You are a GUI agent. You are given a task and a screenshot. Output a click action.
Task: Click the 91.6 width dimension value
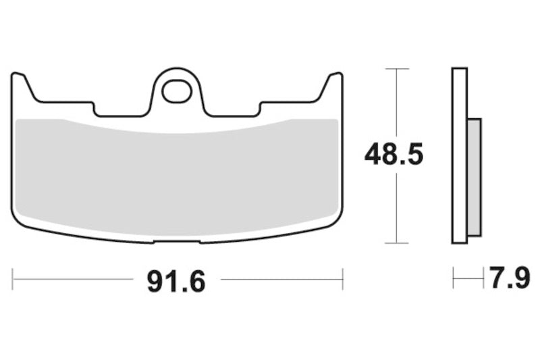click(176, 281)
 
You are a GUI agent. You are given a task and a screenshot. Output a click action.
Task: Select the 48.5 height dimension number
click(394, 155)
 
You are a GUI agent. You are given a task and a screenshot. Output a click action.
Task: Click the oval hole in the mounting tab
click(177, 91)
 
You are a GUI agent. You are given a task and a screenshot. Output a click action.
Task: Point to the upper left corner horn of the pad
click(20, 80)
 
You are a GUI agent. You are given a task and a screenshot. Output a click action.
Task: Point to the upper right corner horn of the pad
click(334, 80)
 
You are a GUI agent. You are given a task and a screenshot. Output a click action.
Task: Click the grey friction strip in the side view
click(475, 177)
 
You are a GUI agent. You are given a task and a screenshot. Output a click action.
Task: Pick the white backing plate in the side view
click(460, 155)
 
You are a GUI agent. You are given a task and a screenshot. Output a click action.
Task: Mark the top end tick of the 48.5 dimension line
click(396, 69)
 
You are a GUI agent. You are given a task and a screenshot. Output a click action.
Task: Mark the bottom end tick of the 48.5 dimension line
click(396, 243)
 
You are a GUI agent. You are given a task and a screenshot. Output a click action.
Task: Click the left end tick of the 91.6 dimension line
click(13, 278)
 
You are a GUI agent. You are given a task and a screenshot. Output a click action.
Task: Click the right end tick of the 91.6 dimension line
click(342, 278)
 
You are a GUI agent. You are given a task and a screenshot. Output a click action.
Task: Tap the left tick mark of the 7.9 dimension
click(454, 278)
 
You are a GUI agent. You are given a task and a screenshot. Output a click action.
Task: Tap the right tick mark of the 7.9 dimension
click(483, 278)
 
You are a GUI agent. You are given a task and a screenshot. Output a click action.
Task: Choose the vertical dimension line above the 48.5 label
click(396, 101)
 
